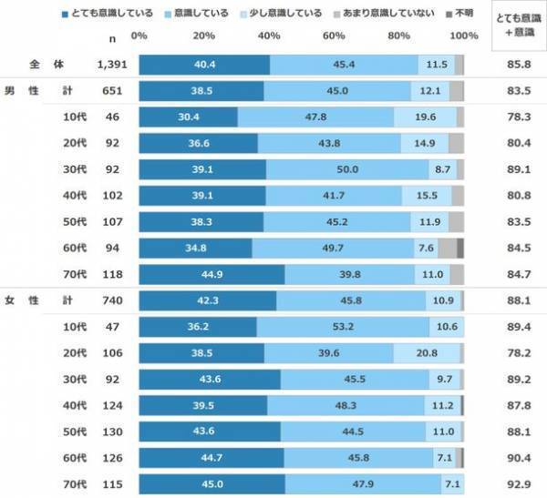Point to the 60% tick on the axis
(334, 36)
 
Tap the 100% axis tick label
(463, 36)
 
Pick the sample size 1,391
(112, 65)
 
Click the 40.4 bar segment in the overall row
(204, 65)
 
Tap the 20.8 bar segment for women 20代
(426, 354)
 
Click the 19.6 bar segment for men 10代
(425, 117)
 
